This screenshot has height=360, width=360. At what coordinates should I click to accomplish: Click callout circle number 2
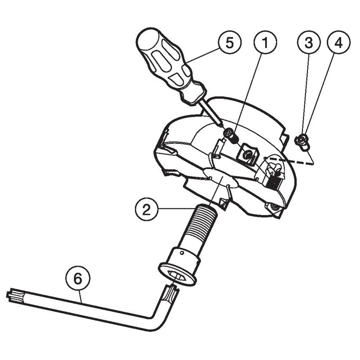[146, 209]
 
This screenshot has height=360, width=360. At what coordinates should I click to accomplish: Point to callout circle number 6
[77, 279]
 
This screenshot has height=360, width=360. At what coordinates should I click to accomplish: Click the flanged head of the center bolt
[179, 272]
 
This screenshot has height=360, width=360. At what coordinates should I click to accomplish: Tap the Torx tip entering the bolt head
[171, 290]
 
